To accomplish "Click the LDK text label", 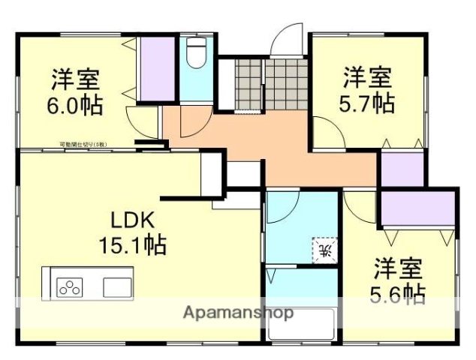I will (132, 220).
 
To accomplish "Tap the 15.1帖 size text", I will (132, 244).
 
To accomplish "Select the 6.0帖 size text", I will (75, 103).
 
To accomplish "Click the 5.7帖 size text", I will (368, 102).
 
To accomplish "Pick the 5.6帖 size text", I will (399, 292).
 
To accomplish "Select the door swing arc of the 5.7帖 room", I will (327, 132).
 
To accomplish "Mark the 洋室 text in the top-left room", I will (75, 79).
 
